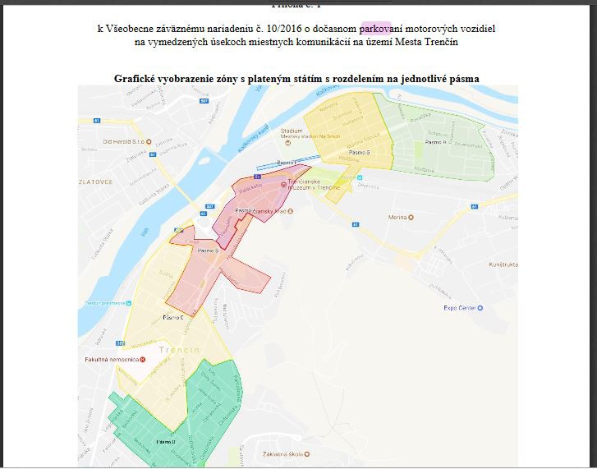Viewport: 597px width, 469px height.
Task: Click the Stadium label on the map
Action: tap(292, 131)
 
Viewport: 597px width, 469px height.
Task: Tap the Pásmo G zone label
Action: tap(360, 153)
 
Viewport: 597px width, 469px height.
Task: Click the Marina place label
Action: tap(397, 218)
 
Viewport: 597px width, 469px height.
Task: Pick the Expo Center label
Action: tap(461, 308)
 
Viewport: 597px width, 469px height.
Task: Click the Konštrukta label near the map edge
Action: tap(503, 265)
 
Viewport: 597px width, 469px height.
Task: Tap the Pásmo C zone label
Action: tap(172, 317)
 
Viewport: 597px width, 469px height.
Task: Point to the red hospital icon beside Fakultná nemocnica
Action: tap(143, 360)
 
